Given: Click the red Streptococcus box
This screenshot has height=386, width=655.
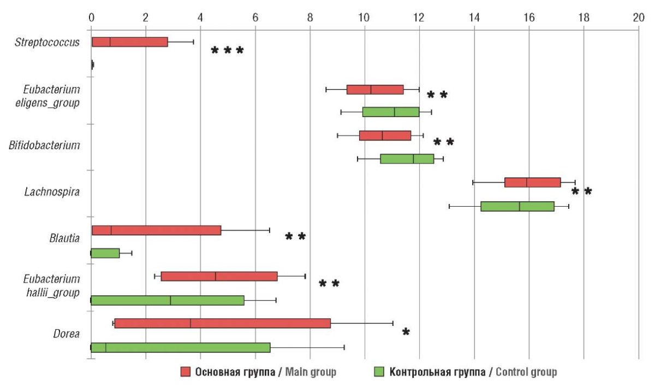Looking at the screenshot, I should point(130,42).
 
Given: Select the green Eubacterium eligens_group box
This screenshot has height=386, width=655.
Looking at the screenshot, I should point(391,112).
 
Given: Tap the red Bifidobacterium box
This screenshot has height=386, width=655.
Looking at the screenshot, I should point(385,136).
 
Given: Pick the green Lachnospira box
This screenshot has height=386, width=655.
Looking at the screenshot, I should point(517,206).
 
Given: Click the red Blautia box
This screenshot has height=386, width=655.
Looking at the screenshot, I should point(157,230).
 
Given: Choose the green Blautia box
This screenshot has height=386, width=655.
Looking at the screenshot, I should point(105,253).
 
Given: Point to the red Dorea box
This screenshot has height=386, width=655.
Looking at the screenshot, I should point(222,323).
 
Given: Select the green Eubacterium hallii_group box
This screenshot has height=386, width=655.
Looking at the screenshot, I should point(167,300).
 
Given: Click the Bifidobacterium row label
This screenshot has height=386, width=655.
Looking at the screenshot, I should point(45,145).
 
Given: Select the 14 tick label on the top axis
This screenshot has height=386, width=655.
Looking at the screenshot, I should point(474,17).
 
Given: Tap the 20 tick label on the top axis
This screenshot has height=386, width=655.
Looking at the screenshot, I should point(638,17).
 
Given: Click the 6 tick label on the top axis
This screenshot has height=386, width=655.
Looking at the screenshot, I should point(255,17).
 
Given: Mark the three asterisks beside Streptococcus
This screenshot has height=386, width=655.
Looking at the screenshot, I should point(228,51).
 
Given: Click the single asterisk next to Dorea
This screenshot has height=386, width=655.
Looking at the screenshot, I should point(406,332).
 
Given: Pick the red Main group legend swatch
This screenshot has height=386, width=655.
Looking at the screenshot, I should point(186,372).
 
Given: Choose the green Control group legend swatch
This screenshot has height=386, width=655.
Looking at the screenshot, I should point(379,372).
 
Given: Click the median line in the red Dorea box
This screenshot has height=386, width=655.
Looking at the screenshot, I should point(190,323).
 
